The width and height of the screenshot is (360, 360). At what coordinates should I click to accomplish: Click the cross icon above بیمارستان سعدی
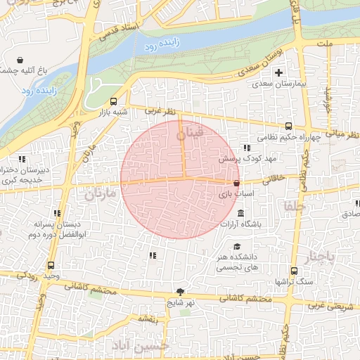[279, 72]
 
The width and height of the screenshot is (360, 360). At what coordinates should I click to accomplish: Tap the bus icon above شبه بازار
[115, 101]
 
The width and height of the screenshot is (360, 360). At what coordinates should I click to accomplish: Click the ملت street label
[324, 45]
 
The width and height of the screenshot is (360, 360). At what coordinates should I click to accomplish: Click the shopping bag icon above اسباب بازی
[226, 181]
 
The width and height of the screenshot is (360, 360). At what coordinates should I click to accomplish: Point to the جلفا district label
[290, 206]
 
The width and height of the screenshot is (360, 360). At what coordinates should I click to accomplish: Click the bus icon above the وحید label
[51, 265]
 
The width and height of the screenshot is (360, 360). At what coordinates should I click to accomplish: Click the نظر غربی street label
[160, 111]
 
